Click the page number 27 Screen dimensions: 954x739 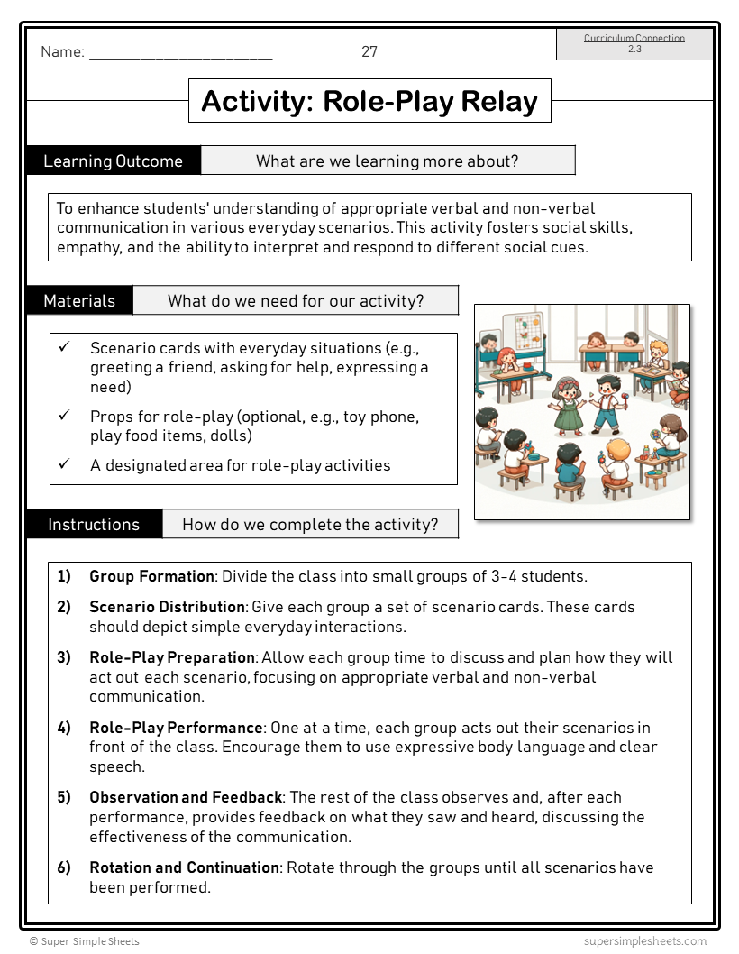point(369,52)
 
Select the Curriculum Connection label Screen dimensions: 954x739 point(634,38)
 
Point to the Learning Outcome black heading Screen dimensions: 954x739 point(113,161)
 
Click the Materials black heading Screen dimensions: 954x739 point(79,301)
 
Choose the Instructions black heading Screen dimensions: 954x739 point(94,525)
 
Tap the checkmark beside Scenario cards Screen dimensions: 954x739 point(64,347)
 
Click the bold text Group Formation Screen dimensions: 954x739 point(151,576)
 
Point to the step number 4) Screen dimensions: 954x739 point(64,728)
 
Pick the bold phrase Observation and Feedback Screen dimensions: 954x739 point(186,797)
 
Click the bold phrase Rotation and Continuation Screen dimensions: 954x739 point(184,867)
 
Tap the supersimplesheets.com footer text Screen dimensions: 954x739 point(644,941)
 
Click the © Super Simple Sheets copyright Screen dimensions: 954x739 point(85,941)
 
